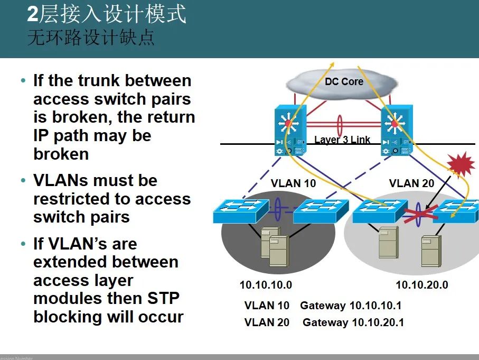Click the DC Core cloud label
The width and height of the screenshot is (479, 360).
(344, 81)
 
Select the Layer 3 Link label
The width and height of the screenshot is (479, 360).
(342, 140)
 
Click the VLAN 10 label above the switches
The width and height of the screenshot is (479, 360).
(293, 183)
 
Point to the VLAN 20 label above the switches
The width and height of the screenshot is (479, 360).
(411, 183)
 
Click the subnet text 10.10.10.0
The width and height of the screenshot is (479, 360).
(266, 285)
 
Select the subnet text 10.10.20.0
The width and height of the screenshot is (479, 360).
(422, 285)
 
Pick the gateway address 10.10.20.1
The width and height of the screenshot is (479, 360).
(378, 322)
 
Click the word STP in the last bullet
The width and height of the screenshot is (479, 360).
(163, 298)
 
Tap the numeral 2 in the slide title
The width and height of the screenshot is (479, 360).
(33, 14)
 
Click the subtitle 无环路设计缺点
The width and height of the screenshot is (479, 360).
(91, 39)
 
